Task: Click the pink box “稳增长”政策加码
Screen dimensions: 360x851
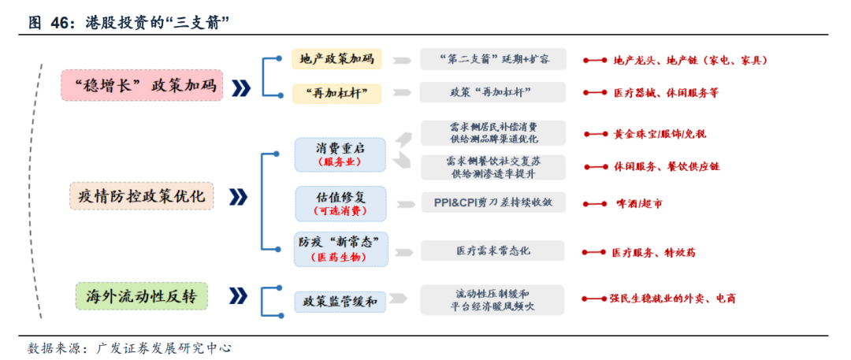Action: point(143,85)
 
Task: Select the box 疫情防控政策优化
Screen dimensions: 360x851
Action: point(142,196)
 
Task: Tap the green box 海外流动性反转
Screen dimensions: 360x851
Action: point(142,296)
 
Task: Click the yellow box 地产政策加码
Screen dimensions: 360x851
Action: point(336,59)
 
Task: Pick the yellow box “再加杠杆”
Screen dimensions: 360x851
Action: point(336,93)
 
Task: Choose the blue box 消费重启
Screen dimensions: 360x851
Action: point(340,154)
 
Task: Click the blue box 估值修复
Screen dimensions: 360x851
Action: point(340,202)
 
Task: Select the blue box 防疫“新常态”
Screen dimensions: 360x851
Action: point(340,249)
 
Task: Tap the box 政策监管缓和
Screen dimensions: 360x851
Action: point(340,301)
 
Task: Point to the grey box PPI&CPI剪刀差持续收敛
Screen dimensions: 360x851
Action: point(492,202)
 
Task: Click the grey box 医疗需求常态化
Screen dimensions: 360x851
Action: point(492,251)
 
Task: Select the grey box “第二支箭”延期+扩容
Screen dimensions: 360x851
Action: point(492,59)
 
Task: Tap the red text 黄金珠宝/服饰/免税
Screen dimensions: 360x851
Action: point(665,134)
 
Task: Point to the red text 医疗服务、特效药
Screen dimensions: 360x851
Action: point(653,252)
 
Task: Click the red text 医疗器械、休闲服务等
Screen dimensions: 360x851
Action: point(666,93)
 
